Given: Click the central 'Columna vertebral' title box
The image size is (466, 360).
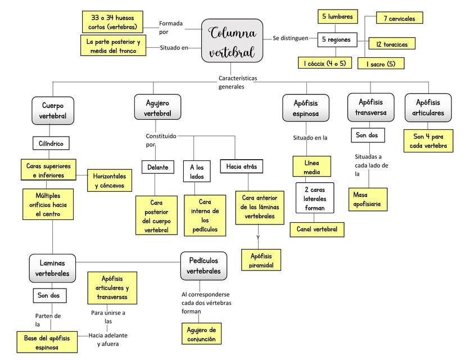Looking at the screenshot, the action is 232,40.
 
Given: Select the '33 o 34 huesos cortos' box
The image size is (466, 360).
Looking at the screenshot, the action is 112,22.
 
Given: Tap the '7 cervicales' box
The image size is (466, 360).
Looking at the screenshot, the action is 400,18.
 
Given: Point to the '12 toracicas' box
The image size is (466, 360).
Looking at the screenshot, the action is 392,44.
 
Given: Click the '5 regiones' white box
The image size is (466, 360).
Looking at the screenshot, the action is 337,40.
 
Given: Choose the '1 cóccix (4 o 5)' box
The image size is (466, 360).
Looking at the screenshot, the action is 325,63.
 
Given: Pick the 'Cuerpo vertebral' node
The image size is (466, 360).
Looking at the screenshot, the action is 53,111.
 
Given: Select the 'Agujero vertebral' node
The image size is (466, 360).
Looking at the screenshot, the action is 157,107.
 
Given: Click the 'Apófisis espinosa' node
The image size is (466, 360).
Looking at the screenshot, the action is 306,108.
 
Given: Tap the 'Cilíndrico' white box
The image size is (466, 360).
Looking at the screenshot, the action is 51,143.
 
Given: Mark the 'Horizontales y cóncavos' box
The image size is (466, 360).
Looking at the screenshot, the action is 110,181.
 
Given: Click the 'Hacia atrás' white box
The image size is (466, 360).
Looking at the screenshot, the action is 242,166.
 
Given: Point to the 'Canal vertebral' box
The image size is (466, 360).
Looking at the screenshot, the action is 317,229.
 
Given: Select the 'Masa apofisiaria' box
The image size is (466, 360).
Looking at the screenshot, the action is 368,200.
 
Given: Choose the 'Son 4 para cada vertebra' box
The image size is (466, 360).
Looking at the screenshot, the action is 428,141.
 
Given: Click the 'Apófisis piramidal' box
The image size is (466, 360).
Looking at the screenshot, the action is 261,260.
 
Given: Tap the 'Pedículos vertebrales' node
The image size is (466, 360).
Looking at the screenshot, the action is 203,265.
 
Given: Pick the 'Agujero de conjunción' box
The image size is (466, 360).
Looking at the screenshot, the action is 201,334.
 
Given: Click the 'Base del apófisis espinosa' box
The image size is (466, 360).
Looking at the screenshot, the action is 47,342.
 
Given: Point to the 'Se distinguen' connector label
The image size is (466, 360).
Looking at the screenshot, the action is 291,38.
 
